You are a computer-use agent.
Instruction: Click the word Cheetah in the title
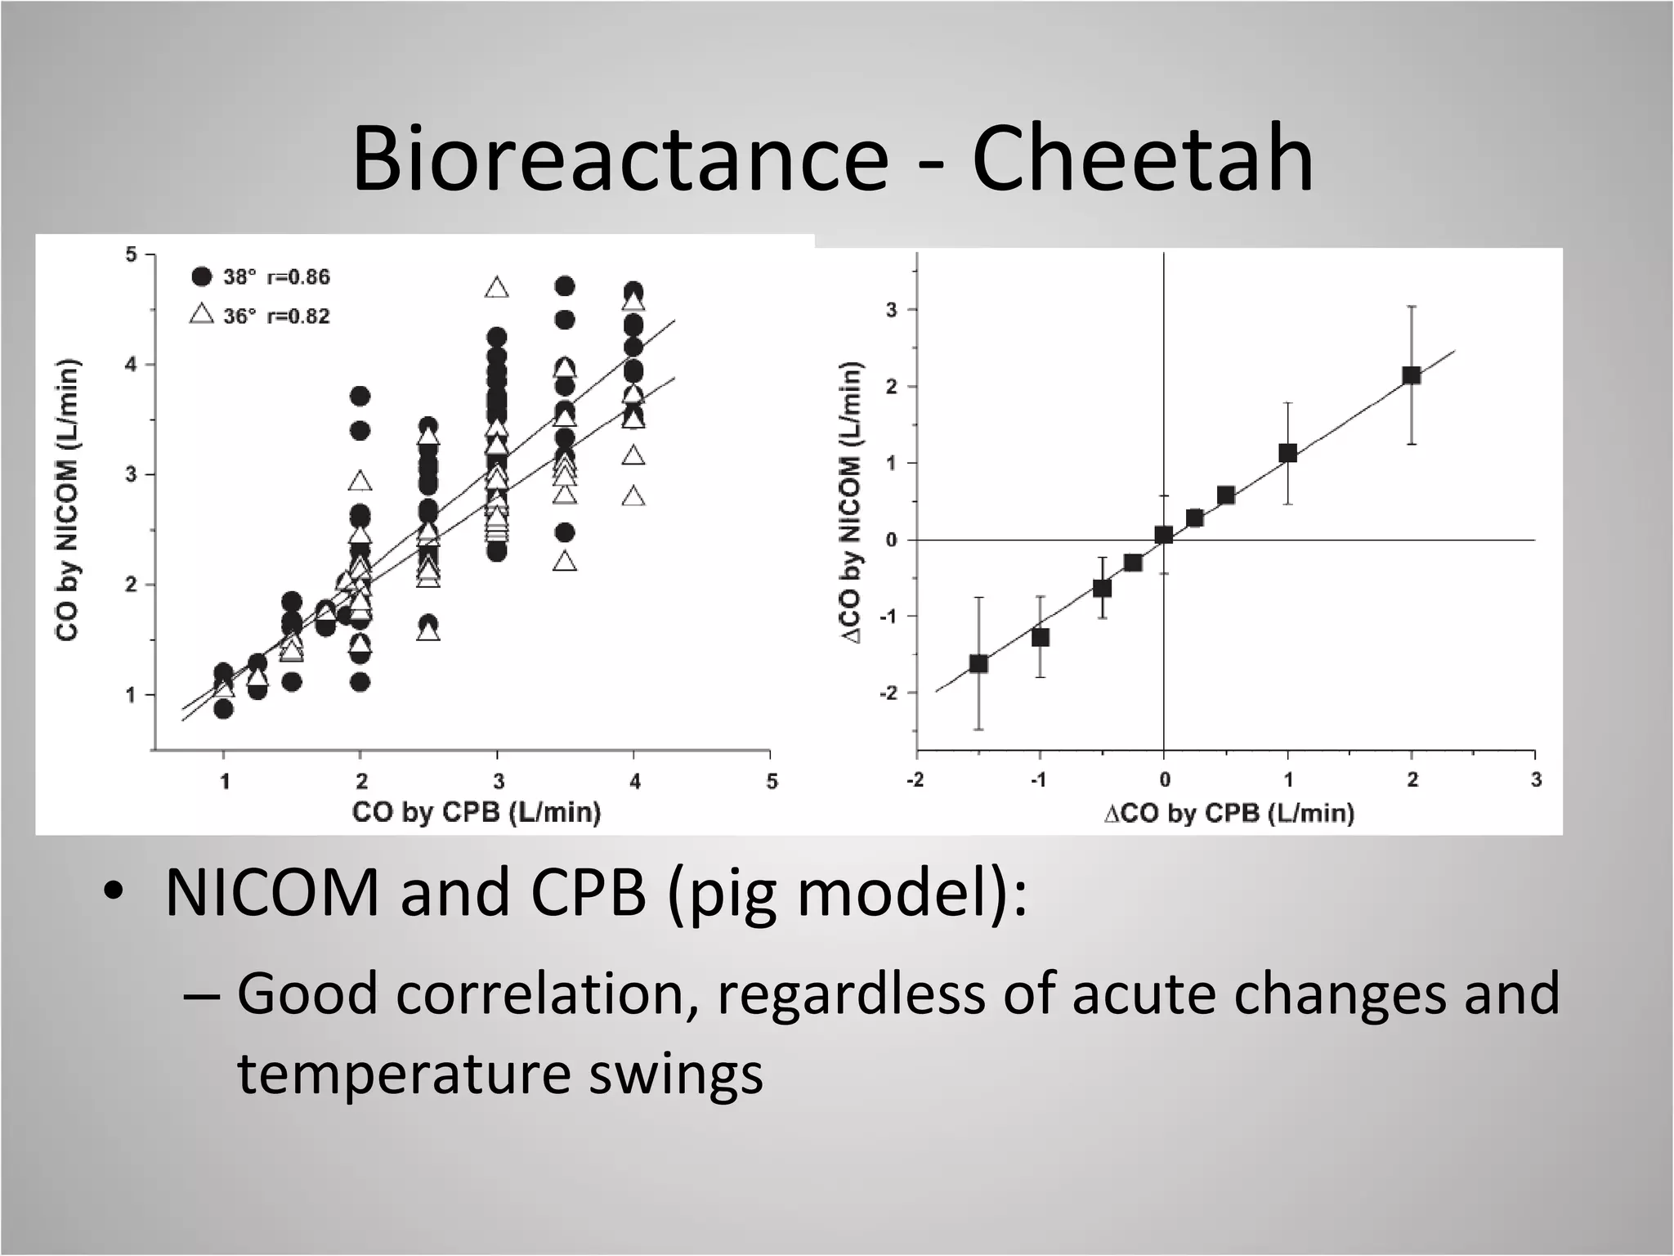pos(1143,158)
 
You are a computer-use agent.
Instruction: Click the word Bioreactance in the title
pos(620,158)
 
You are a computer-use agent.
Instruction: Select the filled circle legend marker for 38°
pos(202,276)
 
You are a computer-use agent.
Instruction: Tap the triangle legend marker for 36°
pos(202,314)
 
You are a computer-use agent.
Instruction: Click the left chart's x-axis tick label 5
pos(772,782)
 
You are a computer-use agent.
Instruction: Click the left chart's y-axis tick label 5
pos(131,255)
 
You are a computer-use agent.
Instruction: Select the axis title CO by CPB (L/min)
pos(477,812)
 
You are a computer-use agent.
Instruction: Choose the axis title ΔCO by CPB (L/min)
pos(1229,813)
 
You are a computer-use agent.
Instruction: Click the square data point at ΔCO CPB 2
pos(1412,375)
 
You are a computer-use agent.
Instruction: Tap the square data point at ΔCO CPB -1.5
pos(978,663)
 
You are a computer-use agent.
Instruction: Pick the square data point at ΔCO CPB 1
pos(1288,453)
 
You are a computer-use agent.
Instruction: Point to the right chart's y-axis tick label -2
pos(888,693)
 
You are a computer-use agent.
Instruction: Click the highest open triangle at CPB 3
pos(496,289)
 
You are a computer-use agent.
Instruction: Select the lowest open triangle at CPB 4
pos(633,496)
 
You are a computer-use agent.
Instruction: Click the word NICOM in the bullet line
pos(272,893)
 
